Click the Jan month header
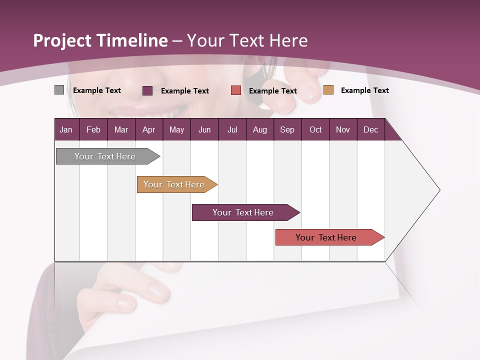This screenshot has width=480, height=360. pos(66,129)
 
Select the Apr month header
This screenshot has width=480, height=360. pos(148,129)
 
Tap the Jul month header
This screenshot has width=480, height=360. pos(232,129)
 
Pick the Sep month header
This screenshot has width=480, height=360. pos(287,129)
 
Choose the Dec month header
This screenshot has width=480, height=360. pos(370,129)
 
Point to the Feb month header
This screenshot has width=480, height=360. pos(93,129)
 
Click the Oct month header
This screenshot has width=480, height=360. pos(315,129)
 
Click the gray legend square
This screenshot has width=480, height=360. pos(59,90)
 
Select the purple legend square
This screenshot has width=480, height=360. pos(147,90)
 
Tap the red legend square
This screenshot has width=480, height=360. pos(236,90)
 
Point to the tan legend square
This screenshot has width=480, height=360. pos(328,90)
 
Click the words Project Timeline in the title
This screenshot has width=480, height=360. pos(100,40)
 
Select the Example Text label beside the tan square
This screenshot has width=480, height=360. pos(364,90)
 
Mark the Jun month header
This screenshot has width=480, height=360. pos(204,129)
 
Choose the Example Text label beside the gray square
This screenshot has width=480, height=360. pos(97,90)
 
